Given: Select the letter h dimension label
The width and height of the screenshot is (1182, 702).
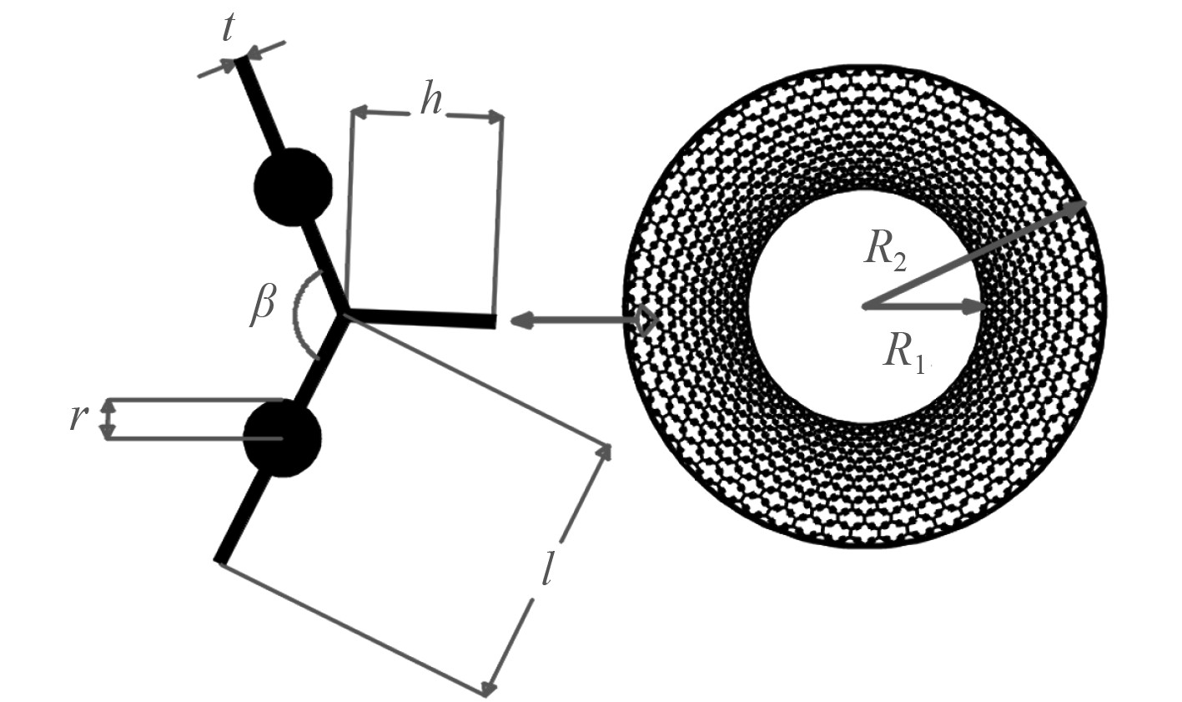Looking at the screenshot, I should click(x=430, y=100).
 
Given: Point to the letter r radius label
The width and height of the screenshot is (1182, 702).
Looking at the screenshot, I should click(x=78, y=417).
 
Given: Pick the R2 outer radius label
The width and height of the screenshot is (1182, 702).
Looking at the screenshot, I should click(x=884, y=250).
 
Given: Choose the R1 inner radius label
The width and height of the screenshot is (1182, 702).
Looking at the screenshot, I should click(x=904, y=351).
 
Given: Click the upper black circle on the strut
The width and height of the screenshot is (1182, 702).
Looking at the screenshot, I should click(x=293, y=187).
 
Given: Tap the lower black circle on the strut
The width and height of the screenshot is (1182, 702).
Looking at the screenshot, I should click(x=282, y=438).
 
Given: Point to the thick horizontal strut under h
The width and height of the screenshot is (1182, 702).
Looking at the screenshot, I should click(x=422, y=317).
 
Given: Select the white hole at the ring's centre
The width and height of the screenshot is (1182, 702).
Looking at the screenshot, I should click(x=864, y=307).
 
